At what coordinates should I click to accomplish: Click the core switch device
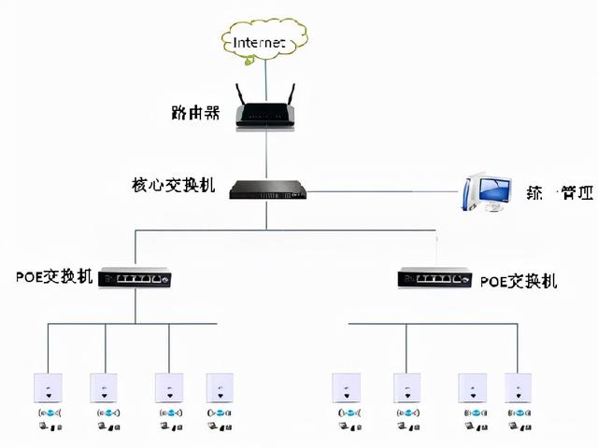(x=265, y=189)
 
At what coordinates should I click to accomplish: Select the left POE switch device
(x=136, y=278)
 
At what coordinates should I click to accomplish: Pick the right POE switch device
(x=435, y=278)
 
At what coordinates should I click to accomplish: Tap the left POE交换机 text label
(x=54, y=278)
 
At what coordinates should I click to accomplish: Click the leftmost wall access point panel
(x=48, y=387)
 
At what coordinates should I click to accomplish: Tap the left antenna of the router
(x=240, y=94)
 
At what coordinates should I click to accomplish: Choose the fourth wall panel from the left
(x=221, y=387)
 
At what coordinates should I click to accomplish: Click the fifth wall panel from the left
(x=346, y=387)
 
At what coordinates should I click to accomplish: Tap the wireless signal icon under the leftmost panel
(x=48, y=413)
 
